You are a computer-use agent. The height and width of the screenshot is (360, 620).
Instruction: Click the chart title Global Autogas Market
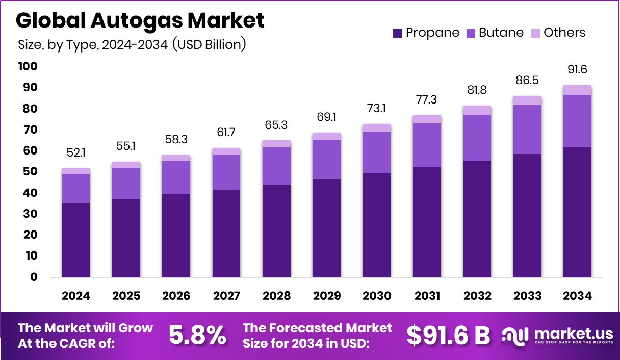click(x=140, y=20)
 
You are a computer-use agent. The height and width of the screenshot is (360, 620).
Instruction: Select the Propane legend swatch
click(x=398, y=33)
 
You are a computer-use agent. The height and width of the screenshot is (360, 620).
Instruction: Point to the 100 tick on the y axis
click(x=28, y=67)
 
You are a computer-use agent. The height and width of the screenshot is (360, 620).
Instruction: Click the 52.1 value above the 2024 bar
click(x=76, y=153)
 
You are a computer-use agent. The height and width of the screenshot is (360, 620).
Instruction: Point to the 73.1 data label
click(x=377, y=109)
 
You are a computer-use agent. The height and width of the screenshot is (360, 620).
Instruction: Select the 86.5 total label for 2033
click(x=527, y=81)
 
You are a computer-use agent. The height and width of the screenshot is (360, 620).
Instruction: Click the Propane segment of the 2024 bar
click(x=76, y=240)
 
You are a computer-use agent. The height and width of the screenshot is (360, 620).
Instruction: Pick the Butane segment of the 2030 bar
click(x=377, y=152)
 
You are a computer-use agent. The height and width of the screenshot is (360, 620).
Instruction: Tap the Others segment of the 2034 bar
click(x=578, y=90)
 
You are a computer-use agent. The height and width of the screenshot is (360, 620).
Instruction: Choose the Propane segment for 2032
click(x=477, y=219)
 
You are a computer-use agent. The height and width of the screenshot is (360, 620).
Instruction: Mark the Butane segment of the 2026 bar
click(x=176, y=177)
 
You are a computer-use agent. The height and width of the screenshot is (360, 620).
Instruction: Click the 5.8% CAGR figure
click(x=197, y=335)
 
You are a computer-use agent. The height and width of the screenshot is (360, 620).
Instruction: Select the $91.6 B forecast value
click(x=448, y=335)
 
